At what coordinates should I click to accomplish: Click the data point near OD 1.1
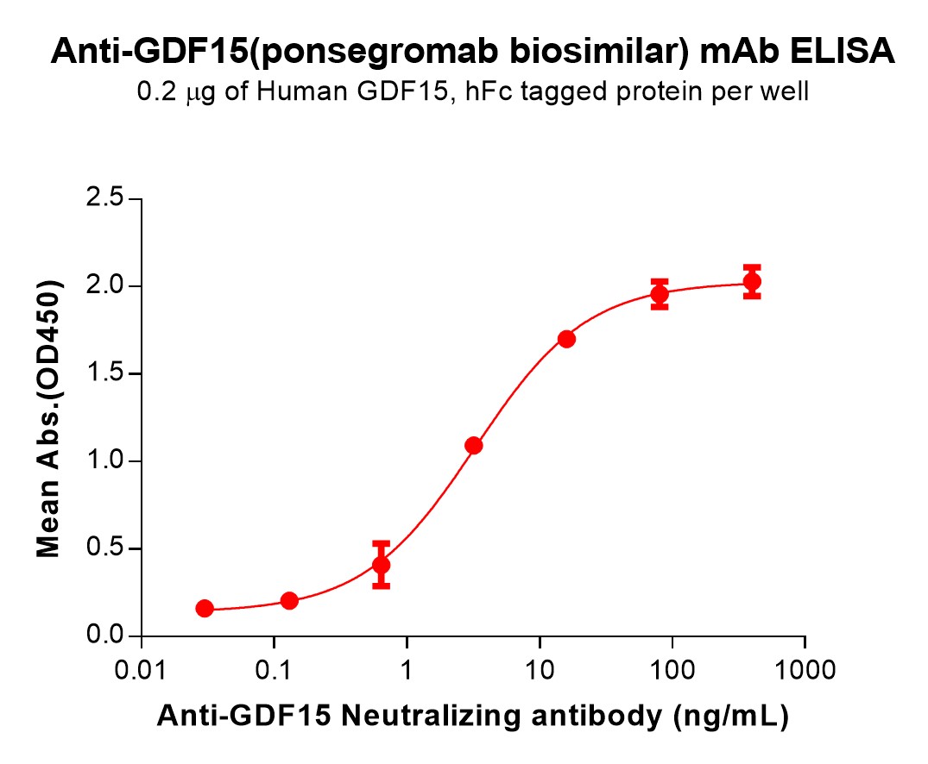(x=473, y=446)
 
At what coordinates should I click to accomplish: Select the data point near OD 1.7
(x=566, y=339)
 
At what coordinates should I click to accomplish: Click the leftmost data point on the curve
(x=205, y=608)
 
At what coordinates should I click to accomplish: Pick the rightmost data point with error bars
(x=752, y=281)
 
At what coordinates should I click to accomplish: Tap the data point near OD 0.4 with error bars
(x=381, y=565)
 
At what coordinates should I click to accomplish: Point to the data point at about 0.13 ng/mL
(x=289, y=600)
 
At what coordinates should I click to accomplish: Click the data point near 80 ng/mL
(x=660, y=294)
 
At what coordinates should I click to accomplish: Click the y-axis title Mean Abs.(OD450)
(x=49, y=418)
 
